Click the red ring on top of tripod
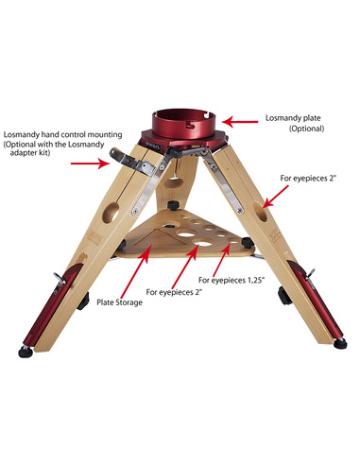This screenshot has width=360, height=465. click(x=186, y=122)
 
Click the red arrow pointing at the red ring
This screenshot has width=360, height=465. click(x=243, y=121)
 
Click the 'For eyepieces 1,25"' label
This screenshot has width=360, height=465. click(x=240, y=281)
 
